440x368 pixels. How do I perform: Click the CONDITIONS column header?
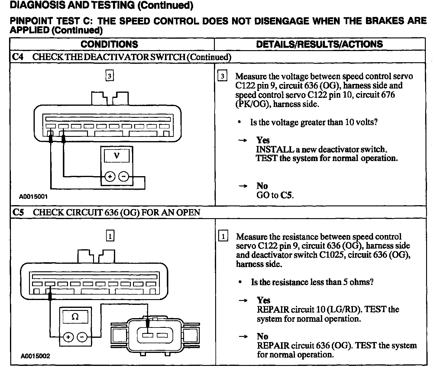tap(109, 44)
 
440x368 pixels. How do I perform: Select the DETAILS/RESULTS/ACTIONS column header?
tap(319, 44)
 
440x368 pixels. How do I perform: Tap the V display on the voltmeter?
tap(116, 156)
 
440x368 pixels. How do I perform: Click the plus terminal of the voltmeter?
tap(110, 176)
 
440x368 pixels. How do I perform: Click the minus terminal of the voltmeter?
tap(123, 176)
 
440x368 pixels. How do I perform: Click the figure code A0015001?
tap(33, 197)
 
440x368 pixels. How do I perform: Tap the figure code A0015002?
tap(35, 356)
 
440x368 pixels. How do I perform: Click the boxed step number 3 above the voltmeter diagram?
tap(110, 76)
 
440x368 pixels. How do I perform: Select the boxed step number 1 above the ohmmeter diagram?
tap(110, 236)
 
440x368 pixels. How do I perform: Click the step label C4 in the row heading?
tap(18, 57)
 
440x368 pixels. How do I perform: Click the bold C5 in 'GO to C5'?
tap(286, 195)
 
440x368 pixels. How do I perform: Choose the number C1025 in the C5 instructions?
tap(332, 255)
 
